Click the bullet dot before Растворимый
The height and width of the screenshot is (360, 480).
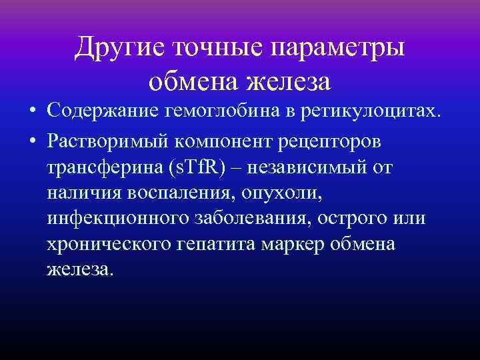click(x=32, y=142)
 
